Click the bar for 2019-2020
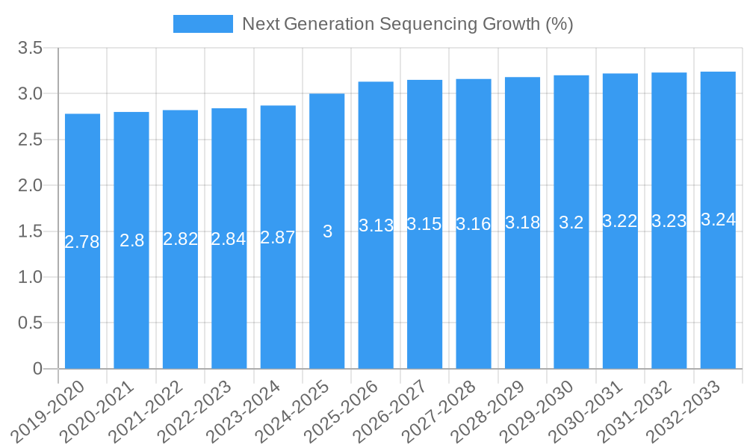pos(82,241)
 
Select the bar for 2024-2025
pos(327,231)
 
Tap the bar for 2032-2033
pos(718,220)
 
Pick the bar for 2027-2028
pos(474,224)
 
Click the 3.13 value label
pos(376,225)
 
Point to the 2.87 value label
pos(278,237)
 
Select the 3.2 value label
pos(571,223)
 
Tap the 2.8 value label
pos(131,240)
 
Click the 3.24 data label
pos(718,220)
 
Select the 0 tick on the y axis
pos(38,369)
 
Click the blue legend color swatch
pos(202,24)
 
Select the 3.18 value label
pos(522,223)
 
